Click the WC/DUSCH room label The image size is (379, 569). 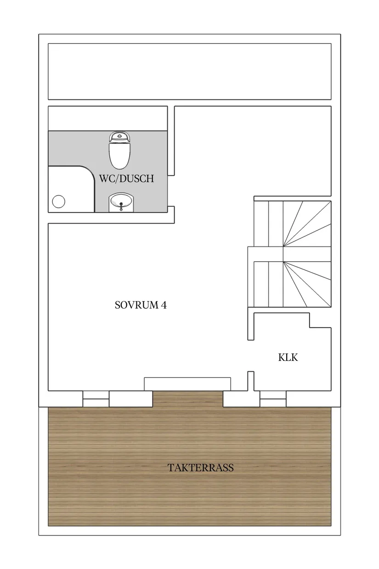pos(126,178)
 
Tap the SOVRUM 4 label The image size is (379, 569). pos(140,305)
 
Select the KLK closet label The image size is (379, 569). pos(288,357)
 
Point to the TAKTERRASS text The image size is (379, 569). pos(201,468)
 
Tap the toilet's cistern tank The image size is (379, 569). pos(119,136)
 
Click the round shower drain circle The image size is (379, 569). pos(59,201)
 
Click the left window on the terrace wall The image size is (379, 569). pos(96,398)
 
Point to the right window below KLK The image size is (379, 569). pos(273,398)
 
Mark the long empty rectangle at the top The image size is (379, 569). pos(189,71)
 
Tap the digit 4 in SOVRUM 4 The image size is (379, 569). pos(163,305)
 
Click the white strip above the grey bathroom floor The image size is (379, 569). pos(107,119)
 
